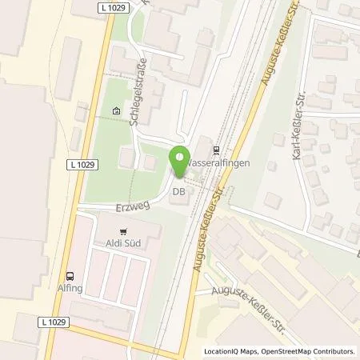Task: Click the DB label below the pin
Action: click(x=180, y=192)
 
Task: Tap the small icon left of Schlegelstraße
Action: click(x=118, y=111)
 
